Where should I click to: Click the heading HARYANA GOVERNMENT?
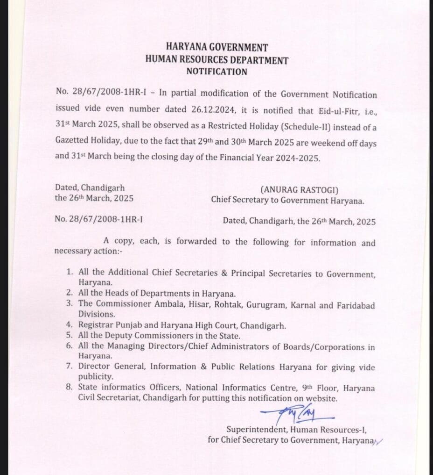[x=217, y=48]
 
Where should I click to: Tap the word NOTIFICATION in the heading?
[x=216, y=72]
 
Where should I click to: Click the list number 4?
[x=69, y=325]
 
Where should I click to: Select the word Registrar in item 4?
[x=94, y=325]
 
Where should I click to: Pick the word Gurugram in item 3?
[x=266, y=305]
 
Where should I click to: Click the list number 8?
[x=69, y=387]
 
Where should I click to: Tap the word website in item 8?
[x=321, y=398]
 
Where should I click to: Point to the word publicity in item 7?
[x=95, y=376]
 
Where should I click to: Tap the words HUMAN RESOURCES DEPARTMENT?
[x=216, y=60]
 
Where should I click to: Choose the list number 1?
[x=69, y=272]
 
